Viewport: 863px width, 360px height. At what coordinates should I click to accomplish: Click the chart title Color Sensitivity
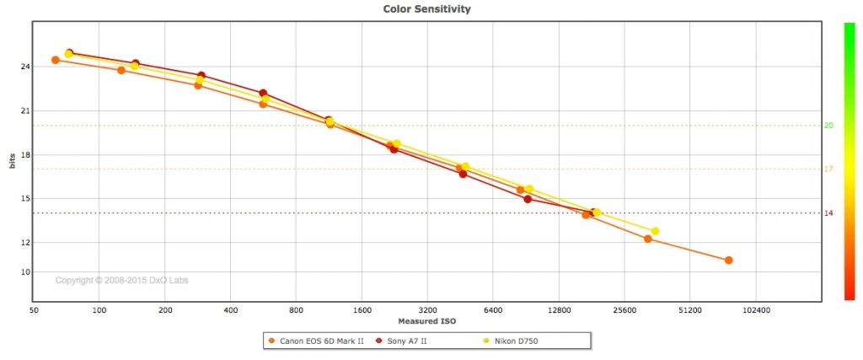click(x=426, y=9)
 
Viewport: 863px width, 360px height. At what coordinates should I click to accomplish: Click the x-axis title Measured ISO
click(x=426, y=321)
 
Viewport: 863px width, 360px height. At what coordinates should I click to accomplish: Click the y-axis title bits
click(x=12, y=161)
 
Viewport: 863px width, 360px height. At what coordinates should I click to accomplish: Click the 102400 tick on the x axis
click(x=755, y=310)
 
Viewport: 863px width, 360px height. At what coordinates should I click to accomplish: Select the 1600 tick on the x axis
click(x=362, y=310)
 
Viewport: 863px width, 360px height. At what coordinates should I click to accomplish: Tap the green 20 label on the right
click(x=828, y=126)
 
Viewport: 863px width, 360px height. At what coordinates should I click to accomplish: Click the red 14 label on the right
click(x=828, y=213)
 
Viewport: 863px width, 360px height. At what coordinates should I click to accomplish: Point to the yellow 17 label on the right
click(x=828, y=169)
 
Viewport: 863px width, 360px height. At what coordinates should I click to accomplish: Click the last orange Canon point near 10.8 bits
click(x=728, y=261)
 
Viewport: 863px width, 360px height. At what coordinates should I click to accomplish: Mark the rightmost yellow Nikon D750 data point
click(x=655, y=231)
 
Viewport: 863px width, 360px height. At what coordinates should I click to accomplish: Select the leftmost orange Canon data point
click(x=56, y=60)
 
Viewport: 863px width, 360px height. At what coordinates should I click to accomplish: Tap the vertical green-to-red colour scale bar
click(x=849, y=161)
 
